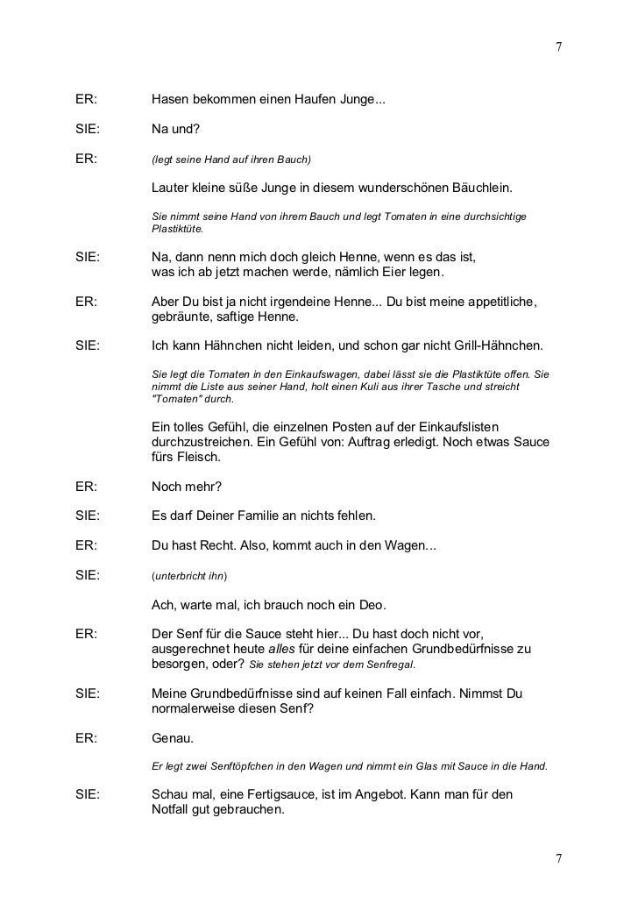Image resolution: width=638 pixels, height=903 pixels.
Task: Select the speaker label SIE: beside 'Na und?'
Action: [x=86, y=131]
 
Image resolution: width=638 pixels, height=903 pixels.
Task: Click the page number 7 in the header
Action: [x=556, y=46]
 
